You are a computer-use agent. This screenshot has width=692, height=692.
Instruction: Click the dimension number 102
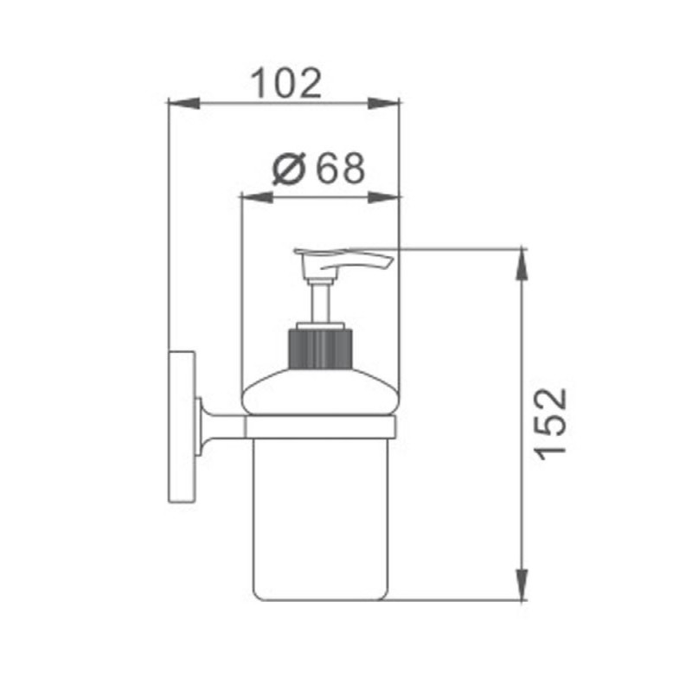click(286, 83)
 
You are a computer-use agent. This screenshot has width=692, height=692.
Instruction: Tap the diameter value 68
click(341, 168)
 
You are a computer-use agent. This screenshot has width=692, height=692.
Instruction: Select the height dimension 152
click(550, 424)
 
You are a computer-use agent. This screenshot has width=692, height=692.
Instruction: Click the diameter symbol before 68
click(289, 168)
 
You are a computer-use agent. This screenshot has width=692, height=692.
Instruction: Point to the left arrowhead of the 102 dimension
click(183, 103)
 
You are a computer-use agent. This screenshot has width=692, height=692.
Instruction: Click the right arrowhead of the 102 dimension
click(383, 103)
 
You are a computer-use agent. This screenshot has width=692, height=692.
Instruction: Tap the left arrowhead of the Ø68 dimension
click(257, 197)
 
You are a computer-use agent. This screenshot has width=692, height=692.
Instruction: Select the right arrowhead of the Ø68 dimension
click(383, 197)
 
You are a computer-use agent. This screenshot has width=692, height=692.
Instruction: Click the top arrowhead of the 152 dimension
click(522, 265)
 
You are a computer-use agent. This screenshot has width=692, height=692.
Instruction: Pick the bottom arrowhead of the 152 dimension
click(522, 585)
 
